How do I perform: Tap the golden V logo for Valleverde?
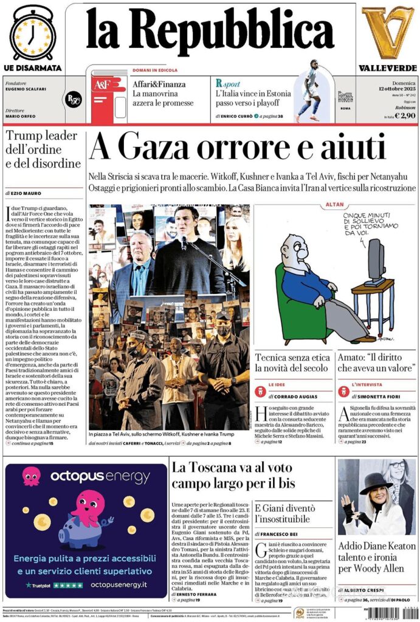pos(387,32)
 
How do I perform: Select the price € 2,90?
pos(405,115)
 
